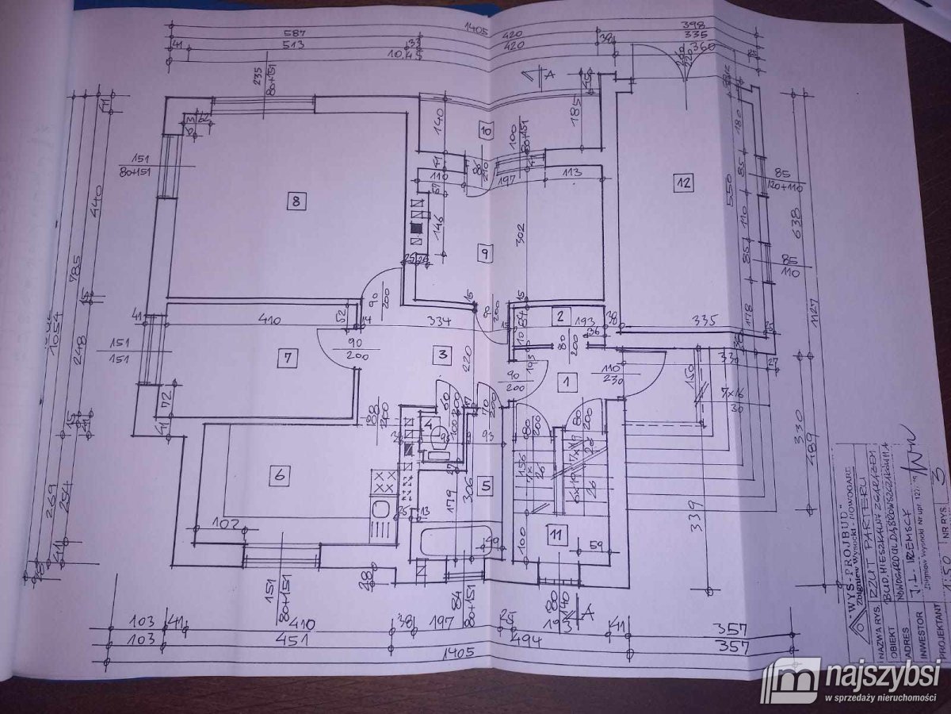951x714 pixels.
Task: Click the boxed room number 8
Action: click(295, 201)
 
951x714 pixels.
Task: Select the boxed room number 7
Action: click(286, 359)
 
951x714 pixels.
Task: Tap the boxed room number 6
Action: click(278, 476)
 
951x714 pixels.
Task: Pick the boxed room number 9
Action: click(485, 253)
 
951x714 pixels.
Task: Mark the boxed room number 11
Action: click(558, 535)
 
